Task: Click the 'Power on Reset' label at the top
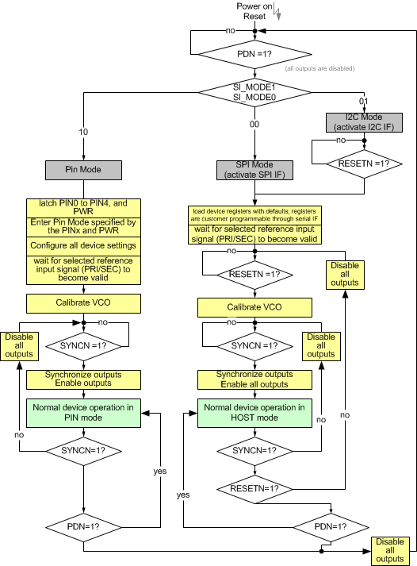tap(254, 11)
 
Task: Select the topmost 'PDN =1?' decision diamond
tap(254, 54)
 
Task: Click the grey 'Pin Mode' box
tap(83, 169)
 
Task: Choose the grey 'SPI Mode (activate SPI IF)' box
tap(254, 170)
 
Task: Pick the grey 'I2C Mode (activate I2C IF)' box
tap(364, 122)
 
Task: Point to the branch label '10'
tap(83, 132)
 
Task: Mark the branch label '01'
tap(364, 102)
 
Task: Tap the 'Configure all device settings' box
tap(83, 246)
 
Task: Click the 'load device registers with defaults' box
tap(254, 214)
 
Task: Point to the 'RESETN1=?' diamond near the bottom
tap(254, 489)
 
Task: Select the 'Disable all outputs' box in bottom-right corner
tap(390, 550)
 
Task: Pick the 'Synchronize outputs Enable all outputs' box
tap(254, 379)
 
